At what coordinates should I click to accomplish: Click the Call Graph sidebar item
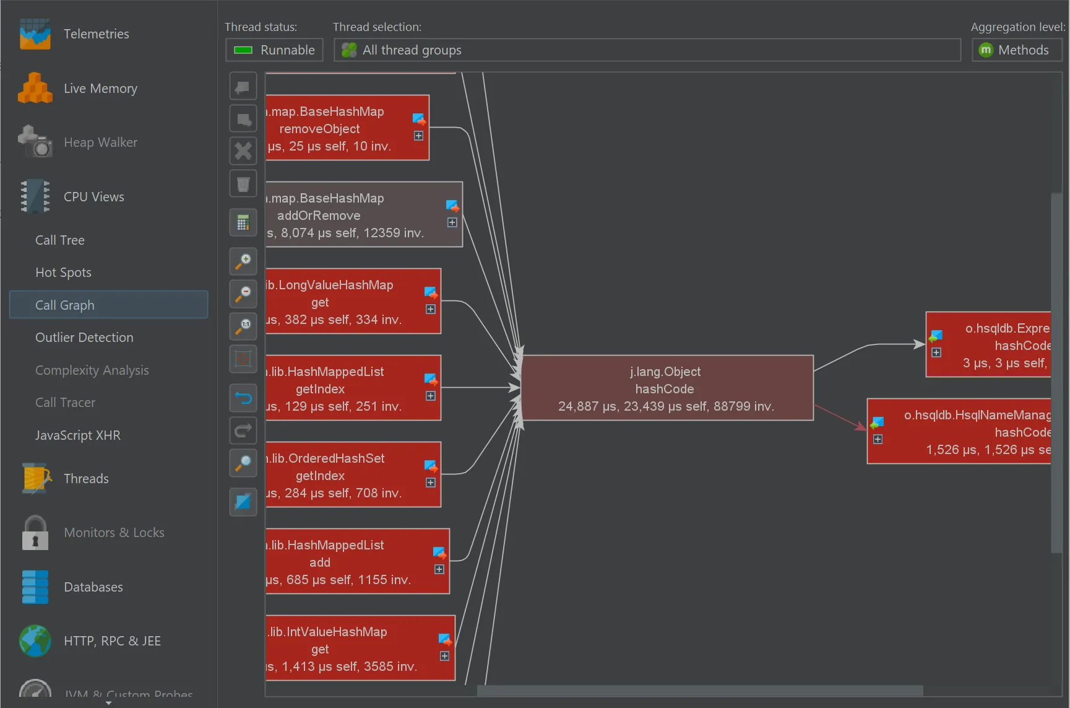click(65, 305)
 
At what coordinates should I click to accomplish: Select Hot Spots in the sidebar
click(63, 273)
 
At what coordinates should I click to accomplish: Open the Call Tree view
click(60, 240)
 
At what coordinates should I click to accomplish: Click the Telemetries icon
click(35, 34)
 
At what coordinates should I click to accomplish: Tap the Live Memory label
click(100, 89)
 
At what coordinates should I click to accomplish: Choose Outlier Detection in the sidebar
click(84, 338)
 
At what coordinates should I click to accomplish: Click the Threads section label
click(86, 479)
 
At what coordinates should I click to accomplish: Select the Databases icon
click(35, 587)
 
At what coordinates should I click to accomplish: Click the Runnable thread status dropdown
click(274, 50)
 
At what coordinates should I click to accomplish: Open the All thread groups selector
click(647, 50)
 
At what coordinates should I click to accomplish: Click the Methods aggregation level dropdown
click(1016, 50)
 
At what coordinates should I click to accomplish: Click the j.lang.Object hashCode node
click(667, 388)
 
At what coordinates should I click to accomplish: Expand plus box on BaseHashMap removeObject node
click(419, 136)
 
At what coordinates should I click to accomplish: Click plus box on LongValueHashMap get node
click(431, 309)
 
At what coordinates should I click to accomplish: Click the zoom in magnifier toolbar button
click(243, 261)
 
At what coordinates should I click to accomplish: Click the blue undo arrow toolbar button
click(243, 398)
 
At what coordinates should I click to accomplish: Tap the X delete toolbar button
click(243, 151)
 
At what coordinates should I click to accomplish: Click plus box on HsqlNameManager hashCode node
click(878, 439)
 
